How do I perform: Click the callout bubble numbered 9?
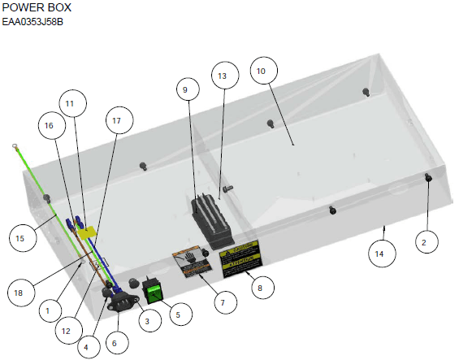click(x=184, y=89)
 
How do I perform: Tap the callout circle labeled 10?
click(x=261, y=71)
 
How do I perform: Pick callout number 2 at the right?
click(x=428, y=240)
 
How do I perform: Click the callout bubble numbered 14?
click(x=379, y=254)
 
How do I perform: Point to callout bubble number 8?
click(x=259, y=287)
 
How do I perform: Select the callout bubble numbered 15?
click(x=20, y=238)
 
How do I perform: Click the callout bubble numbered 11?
click(x=69, y=103)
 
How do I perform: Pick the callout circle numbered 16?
click(x=50, y=127)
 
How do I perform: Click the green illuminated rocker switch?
click(x=153, y=288)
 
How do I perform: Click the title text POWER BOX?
click(x=37, y=7)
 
